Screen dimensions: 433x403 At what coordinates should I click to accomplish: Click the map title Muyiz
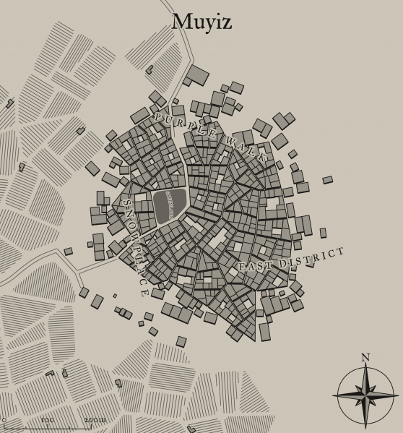pyautogui.click(x=201, y=22)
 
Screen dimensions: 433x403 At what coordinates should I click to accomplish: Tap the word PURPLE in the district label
pyautogui.click(x=184, y=125)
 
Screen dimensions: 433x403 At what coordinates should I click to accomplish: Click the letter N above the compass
pyautogui.click(x=365, y=357)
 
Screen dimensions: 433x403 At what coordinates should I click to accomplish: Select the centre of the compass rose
pyautogui.click(x=365, y=395)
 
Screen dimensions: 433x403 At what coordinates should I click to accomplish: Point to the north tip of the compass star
pyautogui.click(x=365, y=364)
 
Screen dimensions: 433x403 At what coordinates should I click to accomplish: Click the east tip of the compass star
pyautogui.click(x=398, y=395)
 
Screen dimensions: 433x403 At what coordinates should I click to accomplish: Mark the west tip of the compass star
pyautogui.click(x=334, y=395)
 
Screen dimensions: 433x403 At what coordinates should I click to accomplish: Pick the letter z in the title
pyautogui.click(x=226, y=24)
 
